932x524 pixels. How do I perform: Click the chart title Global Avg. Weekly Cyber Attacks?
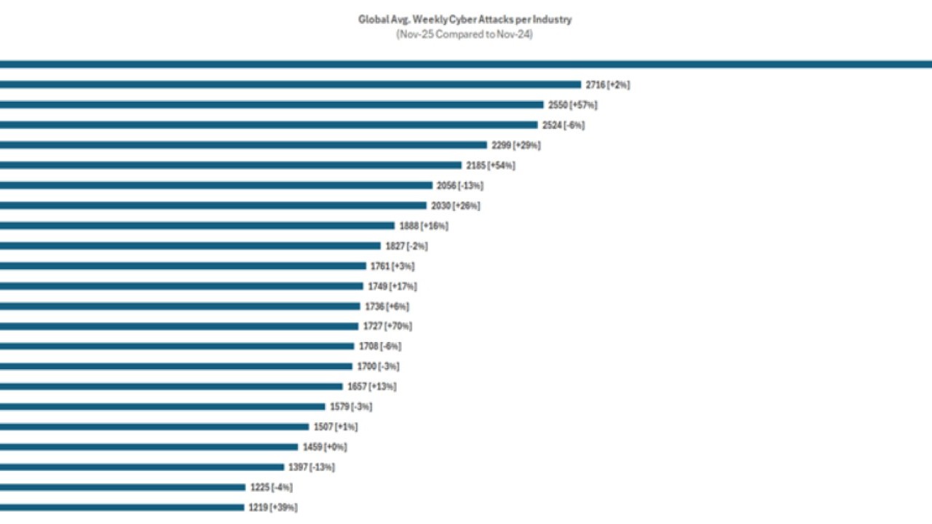tap(465, 20)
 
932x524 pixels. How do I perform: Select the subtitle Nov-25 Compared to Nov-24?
tap(465, 34)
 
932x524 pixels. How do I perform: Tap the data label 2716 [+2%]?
tap(607, 85)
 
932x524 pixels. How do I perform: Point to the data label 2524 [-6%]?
tap(563, 125)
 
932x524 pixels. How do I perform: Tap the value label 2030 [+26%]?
tap(455, 206)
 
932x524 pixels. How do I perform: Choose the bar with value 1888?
tap(197, 226)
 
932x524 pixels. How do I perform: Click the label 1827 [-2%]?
tap(406, 246)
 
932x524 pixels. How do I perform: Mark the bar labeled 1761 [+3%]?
tap(183, 266)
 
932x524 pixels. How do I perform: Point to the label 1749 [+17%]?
tap(393, 286)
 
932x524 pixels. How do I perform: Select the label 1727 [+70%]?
tap(388, 326)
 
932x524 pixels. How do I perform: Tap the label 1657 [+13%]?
tap(371, 386)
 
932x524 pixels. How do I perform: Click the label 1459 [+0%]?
tap(325, 447)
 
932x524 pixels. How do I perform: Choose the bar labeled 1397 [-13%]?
tap(142, 467)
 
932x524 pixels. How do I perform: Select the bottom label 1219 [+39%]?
tap(273, 507)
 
